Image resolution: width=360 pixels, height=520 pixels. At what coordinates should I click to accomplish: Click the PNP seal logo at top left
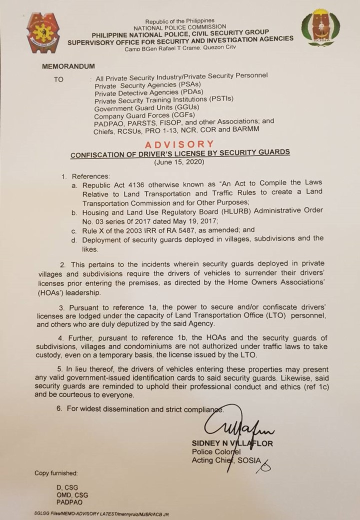click(x=45, y=34)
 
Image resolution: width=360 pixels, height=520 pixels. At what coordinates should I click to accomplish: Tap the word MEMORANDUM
click(x=68, y=66)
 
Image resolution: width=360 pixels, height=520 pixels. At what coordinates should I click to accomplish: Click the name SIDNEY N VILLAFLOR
click(x=232, y=444)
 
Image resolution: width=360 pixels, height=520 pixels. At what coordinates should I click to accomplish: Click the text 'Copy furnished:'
click(x=56, y=472)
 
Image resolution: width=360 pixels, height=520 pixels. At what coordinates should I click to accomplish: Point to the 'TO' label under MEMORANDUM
click(x=58, y=79)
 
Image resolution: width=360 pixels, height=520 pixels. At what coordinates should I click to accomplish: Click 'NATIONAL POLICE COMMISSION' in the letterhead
click(x=179, y=26)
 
